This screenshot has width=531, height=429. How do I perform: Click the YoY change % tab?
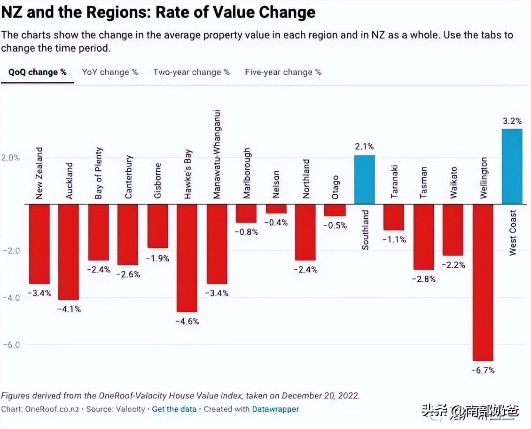110,72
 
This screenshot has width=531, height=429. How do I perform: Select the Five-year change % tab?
283,72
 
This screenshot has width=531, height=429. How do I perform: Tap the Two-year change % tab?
191,72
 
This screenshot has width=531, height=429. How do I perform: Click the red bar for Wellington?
483,282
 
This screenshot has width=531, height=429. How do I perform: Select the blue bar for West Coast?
512,166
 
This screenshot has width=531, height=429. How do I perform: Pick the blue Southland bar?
364,179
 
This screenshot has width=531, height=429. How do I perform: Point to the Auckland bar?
68,252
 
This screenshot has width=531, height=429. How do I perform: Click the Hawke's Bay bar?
187,258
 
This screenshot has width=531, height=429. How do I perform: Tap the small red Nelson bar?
276,209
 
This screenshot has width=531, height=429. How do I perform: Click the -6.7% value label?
483,370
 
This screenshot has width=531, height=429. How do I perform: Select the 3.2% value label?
512,121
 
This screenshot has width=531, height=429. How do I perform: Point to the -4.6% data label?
187,321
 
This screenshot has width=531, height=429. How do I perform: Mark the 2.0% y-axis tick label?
10,158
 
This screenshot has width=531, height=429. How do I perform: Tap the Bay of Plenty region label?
99,173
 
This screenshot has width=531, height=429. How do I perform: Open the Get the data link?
174,409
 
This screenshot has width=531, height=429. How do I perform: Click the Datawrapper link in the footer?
275,409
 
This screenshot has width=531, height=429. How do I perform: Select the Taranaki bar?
394,217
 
